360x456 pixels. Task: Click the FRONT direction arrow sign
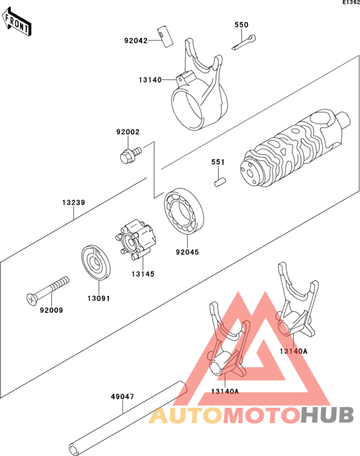[18, 24]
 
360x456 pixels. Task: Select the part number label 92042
[136, 41]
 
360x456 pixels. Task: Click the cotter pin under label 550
[245, 42]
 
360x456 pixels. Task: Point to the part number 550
[241, 24]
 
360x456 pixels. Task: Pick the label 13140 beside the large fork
[149, 80]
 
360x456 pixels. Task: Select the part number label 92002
[128, 132]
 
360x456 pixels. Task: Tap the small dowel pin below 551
[220, 183]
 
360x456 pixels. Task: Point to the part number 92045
[187, 252]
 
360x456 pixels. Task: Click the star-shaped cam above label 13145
[138, 241]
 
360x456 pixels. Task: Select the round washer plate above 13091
[98, 264]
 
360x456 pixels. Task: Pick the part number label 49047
[122, 396]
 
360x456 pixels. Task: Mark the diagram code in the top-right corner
[350, 3]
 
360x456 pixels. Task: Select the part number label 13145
[143, 273]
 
